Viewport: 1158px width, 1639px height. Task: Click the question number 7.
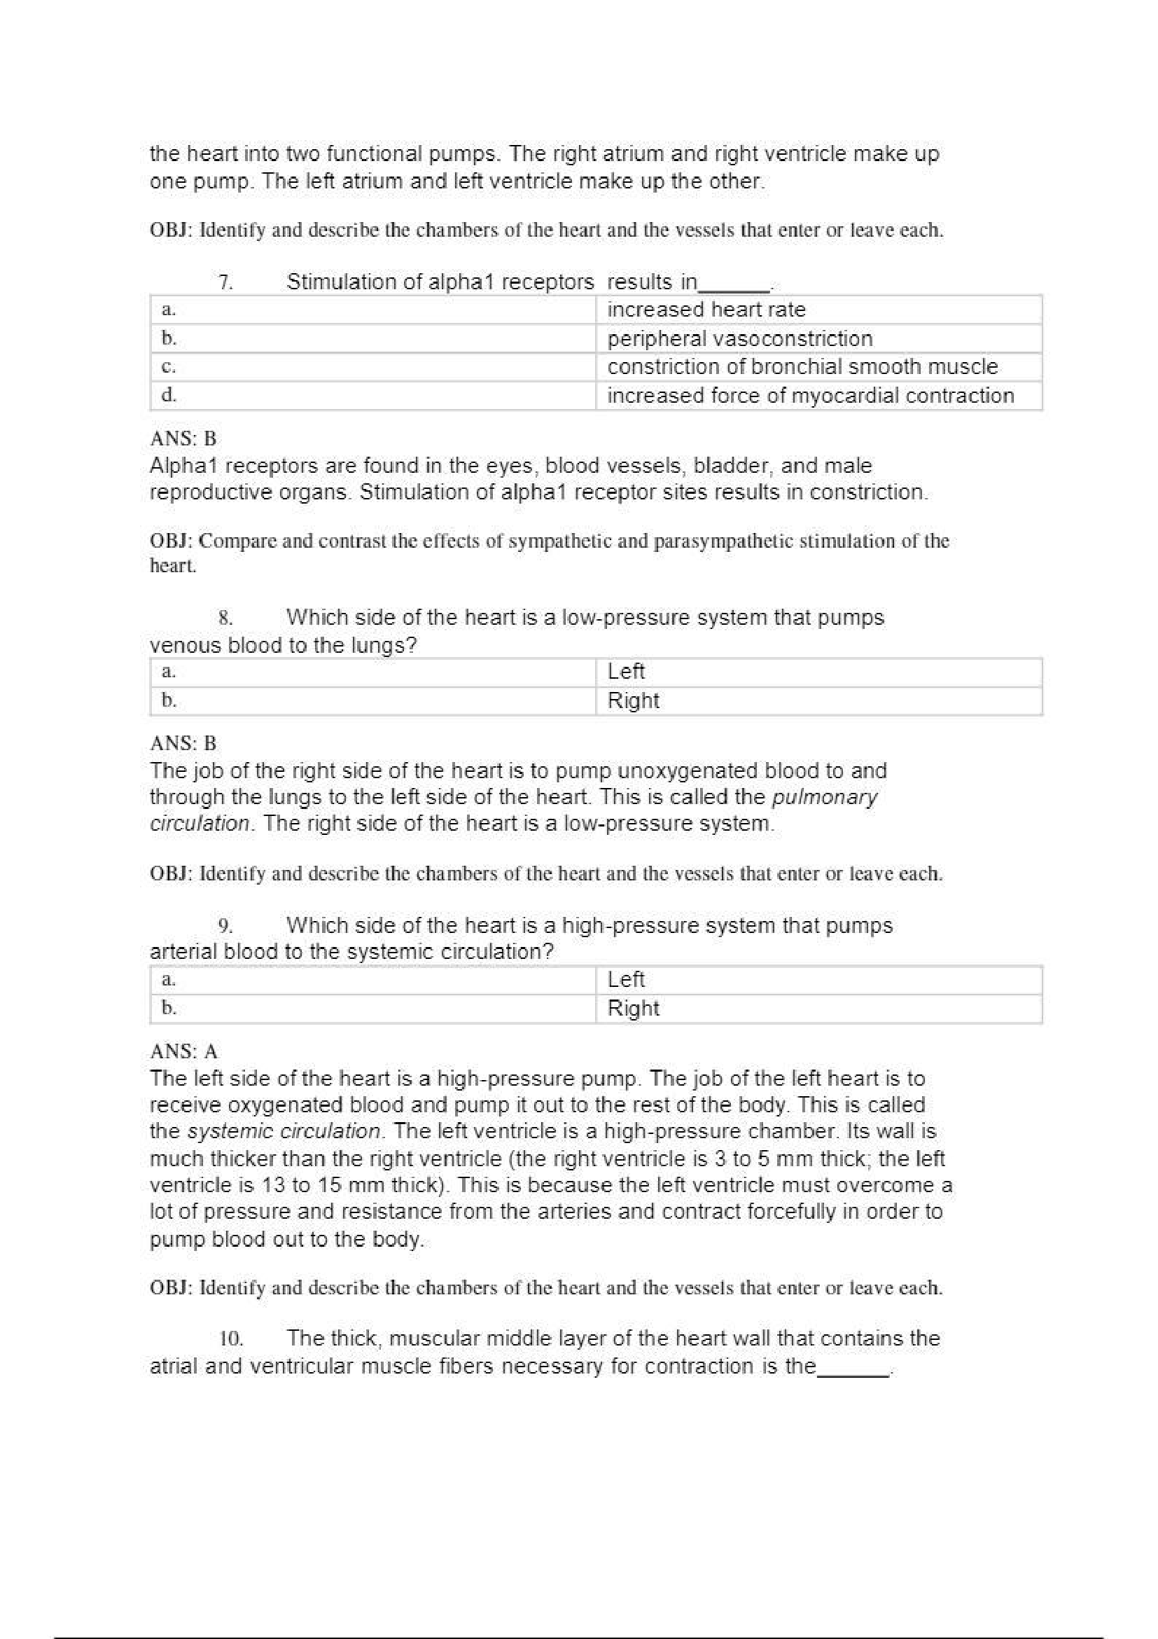(x=225, y=283)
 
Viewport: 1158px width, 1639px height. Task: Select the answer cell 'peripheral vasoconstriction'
(x=739, y=338)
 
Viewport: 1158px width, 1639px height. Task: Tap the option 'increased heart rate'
(x=706, y=310)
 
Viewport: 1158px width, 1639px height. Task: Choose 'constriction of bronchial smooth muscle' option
(x=802, y=367)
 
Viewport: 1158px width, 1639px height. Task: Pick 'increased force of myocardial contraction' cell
(x=810, y=396)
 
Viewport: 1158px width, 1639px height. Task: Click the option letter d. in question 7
(x=169, y=395)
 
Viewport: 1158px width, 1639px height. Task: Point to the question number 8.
(x=226, y=618)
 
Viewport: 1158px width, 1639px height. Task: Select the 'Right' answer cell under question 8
(x=633, y=700)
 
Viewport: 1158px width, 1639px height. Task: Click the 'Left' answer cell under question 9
(x=626, y=979)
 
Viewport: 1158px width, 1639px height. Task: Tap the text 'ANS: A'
(x=184, y=1051)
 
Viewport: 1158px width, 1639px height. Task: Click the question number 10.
(x=230, y=1339)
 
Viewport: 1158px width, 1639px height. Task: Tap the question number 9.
(x=226, y=927)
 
